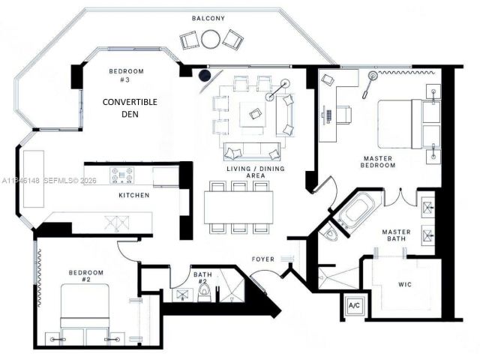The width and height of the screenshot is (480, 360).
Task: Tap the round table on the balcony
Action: point(211,38)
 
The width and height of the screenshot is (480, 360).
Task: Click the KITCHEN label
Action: point(133,195)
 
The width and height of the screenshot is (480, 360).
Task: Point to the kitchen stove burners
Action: point(122,176)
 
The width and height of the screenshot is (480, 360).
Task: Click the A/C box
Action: point(352,307)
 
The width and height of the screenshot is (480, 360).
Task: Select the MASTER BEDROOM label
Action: point(378,162)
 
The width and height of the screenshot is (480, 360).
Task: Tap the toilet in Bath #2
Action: point(202,295)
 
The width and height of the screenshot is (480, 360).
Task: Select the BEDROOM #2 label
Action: point(86,276)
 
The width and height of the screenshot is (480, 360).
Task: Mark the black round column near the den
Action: point(204,74)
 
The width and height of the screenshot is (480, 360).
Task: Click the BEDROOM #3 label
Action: point(126,76)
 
